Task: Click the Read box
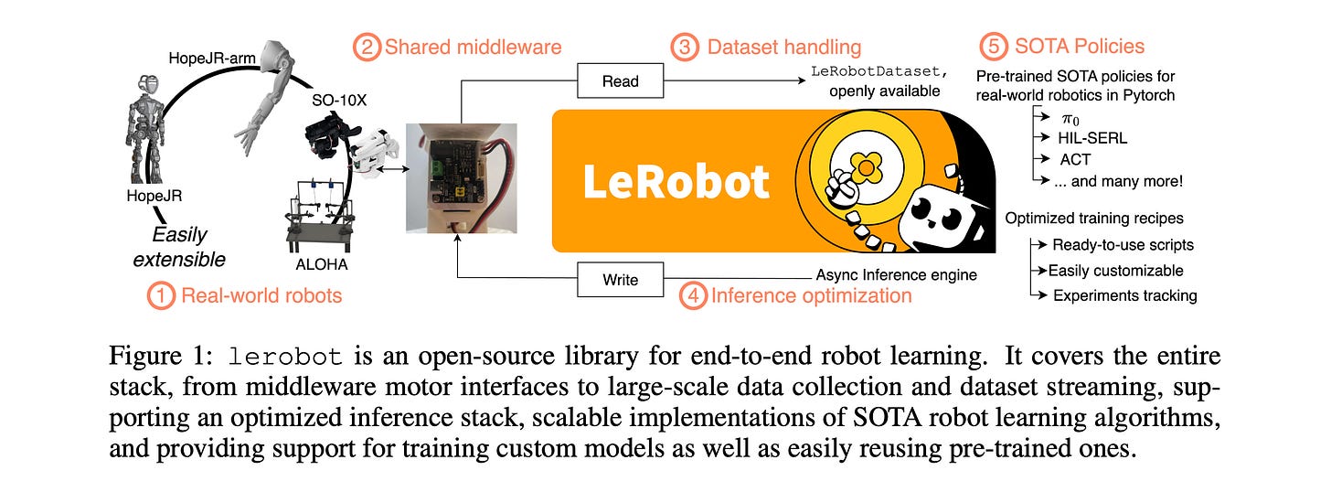tap(621, 82)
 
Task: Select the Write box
tap(621, 279)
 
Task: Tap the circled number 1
tap(162, 295)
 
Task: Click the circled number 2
tap(366, 47)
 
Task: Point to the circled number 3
tap(683, 47)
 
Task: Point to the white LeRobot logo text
tap(676, 183)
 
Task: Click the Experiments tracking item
tap(1124, 295)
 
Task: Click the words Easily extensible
tap(179, 246)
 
